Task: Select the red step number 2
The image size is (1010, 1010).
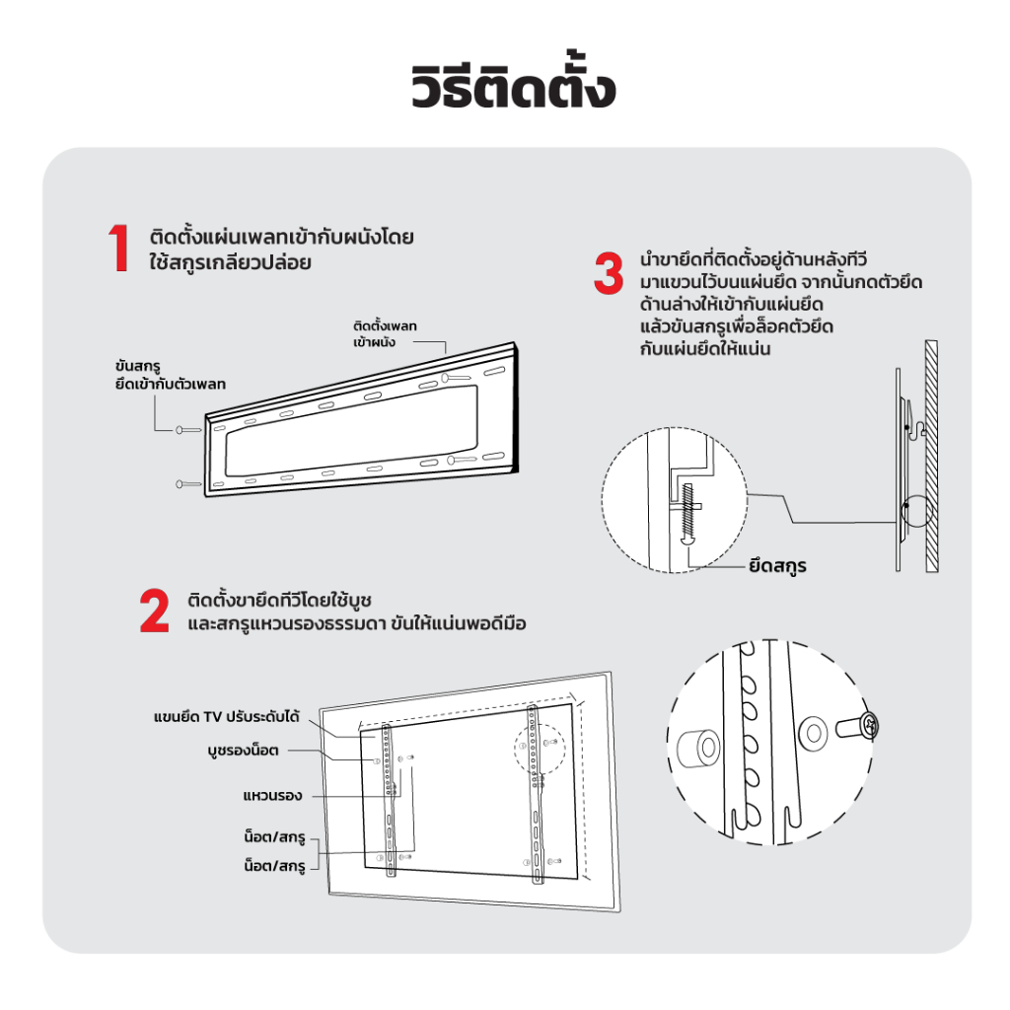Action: point(155,610)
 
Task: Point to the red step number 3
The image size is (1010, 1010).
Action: point(609,273)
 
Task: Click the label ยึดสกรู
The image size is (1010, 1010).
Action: point(777,566)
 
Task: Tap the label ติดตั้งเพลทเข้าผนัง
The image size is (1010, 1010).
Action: point(385,333)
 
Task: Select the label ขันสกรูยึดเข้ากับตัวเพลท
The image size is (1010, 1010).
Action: point(170,375)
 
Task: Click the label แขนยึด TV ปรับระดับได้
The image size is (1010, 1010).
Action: point(226,717)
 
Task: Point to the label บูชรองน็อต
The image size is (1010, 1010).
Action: point(243,751)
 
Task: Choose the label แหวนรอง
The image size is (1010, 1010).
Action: point(272,796)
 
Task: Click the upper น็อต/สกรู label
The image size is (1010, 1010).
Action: point(274,836)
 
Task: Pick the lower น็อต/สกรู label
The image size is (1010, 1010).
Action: point(274,865)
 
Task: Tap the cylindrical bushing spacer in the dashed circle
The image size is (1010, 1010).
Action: point(699,749)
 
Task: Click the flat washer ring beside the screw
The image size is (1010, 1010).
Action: point(813,733)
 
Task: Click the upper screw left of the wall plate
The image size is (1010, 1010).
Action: point(188,430)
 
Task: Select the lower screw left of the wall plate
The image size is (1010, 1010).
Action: point(188,483)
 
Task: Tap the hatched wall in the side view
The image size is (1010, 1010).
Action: point(931,456)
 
